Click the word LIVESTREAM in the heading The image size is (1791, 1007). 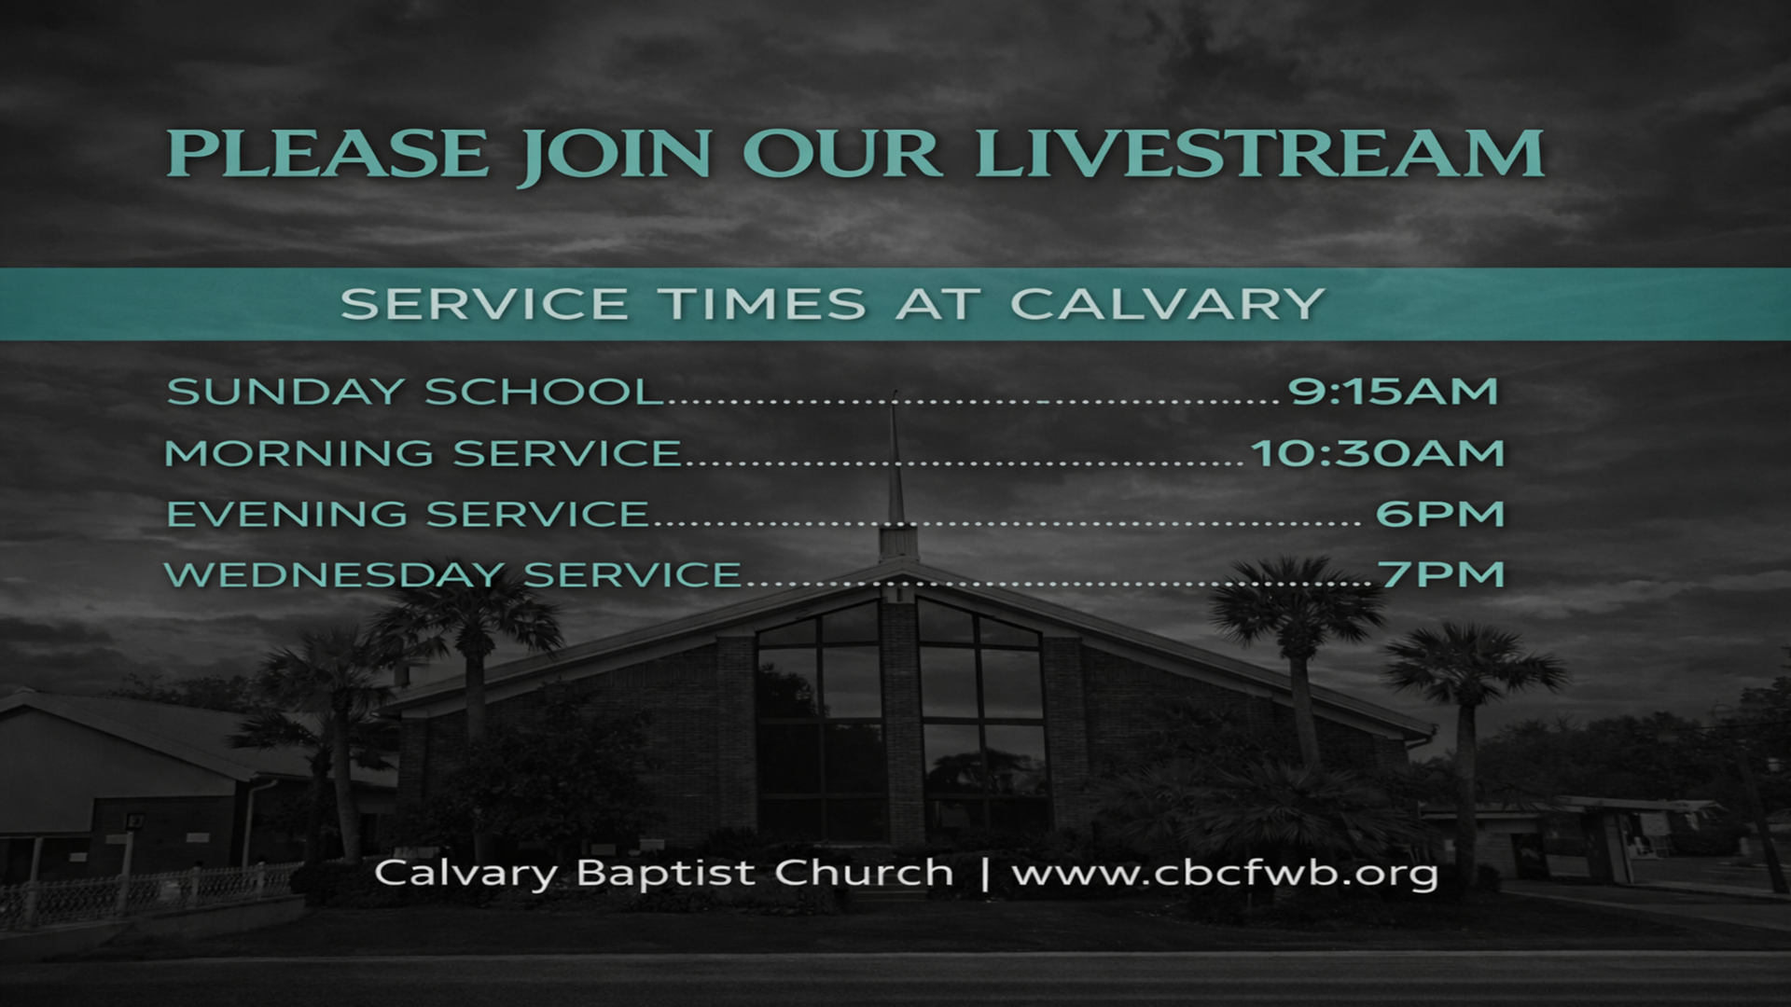(x=1259, y=154)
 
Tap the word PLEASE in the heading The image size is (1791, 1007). (x=327, y=154)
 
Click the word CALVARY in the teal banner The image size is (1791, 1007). (x=1167, y=304)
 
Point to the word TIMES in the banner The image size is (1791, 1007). (x=762, y=304)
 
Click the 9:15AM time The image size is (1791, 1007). (x=1393, y=391)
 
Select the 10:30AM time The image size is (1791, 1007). (x=1377, y=453)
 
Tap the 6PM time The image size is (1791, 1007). (x=1440, y=514)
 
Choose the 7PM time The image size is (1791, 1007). (x=1442, y=574)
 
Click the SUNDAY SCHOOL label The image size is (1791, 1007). (x=415, y=392)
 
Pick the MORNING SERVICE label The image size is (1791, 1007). (x=423, y=453)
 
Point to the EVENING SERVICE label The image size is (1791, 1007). (x=408, y=514)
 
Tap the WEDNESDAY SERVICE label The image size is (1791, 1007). (x=453, y=574)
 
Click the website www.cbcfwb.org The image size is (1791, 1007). (x=1225, y=874)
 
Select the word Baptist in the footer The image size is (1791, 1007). (x=665, y=873)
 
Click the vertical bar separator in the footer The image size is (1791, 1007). (x=984, y=874)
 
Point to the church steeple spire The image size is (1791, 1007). (x=895, y=466)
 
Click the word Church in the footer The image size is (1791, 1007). (x=864, y=873)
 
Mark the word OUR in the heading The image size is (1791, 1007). (x=841, y=154)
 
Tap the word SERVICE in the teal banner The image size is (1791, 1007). (x=484, y=304)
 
